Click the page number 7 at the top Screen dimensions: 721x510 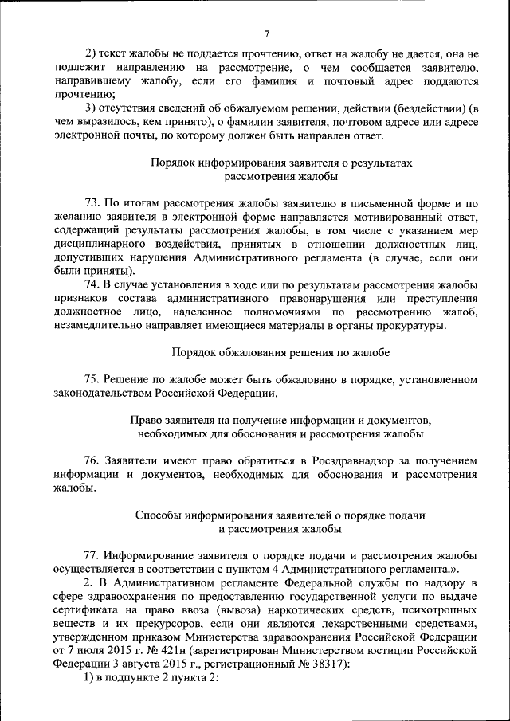tap(267, 33)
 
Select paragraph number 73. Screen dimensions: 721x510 tap(94, 203)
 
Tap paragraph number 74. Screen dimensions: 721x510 tap(94, 284)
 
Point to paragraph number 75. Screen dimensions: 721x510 tap(94, 378)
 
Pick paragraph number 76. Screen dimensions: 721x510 tap(94, 460)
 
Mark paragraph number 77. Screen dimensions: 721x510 tap(94, 554)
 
